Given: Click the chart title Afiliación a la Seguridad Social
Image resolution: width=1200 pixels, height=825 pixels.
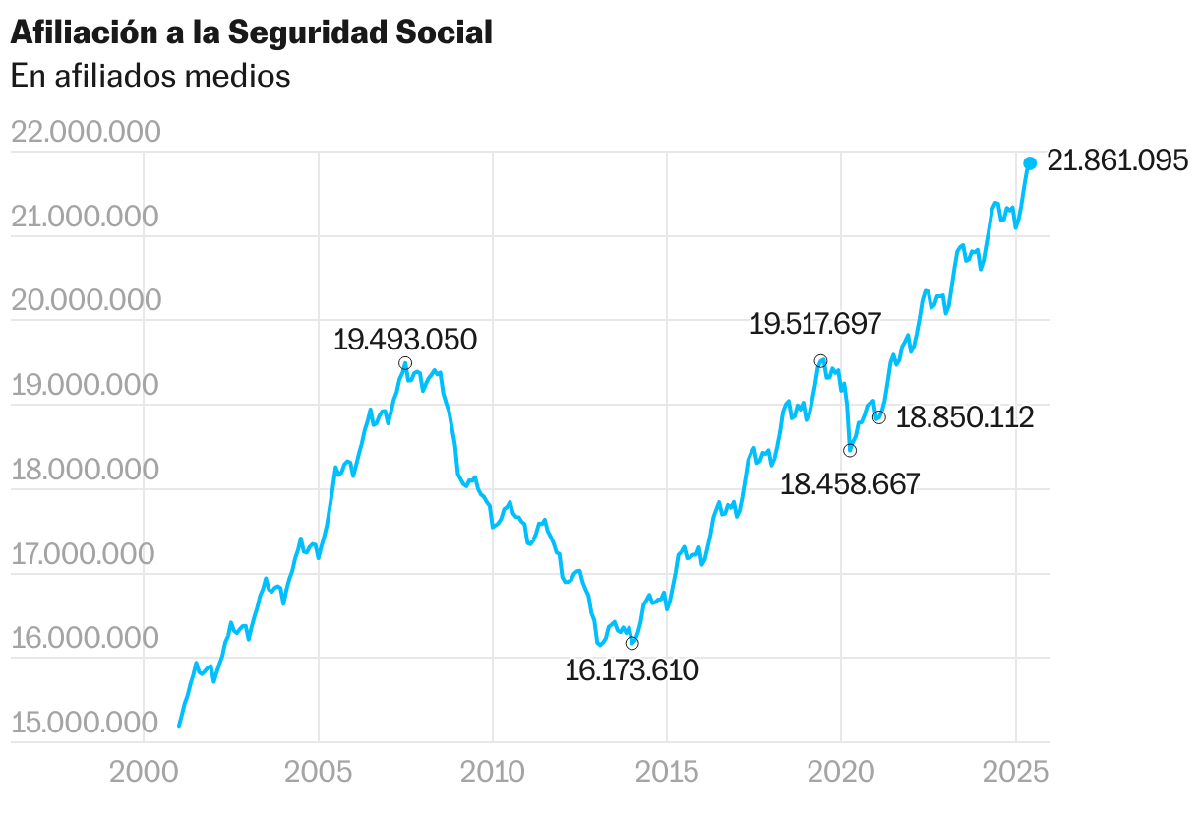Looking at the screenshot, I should pyautogui.click(x=251, y=32).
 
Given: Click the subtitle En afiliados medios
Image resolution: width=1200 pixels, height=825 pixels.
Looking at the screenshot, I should pyautogui.click(x=150, y=76).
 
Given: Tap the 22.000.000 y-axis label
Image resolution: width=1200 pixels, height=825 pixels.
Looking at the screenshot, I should pyautogui.click(x=85, y=132).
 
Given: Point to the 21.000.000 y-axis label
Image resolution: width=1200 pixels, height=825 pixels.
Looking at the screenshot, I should pyautogui.click(x=85, y=217).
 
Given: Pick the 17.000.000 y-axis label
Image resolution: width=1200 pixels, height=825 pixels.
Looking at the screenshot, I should pyautogui.click(x=85, y=555).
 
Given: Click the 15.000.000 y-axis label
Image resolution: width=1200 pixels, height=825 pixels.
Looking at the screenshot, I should pyautogui.click(x=85, y=725).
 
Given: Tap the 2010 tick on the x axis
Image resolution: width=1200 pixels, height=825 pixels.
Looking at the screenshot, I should pyautogui.click(x=493, y=771).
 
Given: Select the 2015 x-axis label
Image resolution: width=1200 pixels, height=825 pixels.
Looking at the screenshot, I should pyautogui.click(x=667, y=771).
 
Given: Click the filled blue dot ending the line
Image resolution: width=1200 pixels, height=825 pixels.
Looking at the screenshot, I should pyautogui.click(x=1030, y=163).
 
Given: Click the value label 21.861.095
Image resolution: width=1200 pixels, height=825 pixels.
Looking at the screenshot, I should pyautogui.click(x=1117, y=160).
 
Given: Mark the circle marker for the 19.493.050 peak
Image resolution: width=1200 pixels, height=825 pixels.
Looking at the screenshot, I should pyautogui.click(x=404, y=363).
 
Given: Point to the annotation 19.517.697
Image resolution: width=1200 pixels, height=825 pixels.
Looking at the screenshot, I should pyautogui.click(x=815, y=323).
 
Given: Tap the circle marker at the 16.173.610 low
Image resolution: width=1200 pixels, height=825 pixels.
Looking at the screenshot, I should pyautogui.click(x=631, y=643).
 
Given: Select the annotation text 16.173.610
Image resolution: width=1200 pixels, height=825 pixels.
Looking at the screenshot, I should pyautogui.click(x=631, y=671).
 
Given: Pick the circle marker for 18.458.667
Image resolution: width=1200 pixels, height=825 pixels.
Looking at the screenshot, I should pyautogui.click(x=850, y=450).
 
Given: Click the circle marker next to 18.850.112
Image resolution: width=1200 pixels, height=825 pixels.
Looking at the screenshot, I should pyautogui.click(x=878, y=417).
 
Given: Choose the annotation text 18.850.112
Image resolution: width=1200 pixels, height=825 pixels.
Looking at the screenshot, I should pyautogui.click(x=965, y=417).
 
